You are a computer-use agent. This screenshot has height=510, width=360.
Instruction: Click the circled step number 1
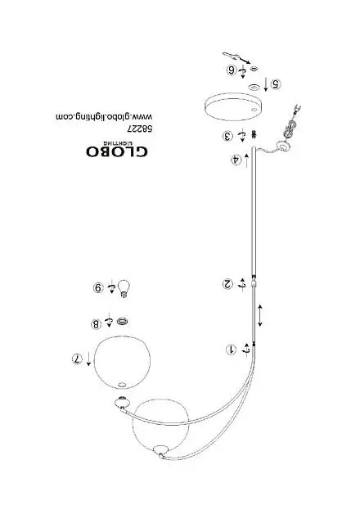pyautogui.click(x=231, y=350)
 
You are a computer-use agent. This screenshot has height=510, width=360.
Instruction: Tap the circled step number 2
pyautogui.click(x=227, y=283)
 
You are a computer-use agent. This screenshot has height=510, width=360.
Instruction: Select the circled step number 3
pyautogui.click(x=228, y=136)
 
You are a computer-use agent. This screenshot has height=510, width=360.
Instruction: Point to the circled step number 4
pyautogui.click(x=236, y=160)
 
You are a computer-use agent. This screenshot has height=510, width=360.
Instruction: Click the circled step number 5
pyautogui.click(x=276, y=84)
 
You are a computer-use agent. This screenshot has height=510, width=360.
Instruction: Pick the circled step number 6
pyautogui.click(x=232, y=70)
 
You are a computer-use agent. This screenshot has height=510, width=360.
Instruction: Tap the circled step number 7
pyautogui.click(x=77, y=359)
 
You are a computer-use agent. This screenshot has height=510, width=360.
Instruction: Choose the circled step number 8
pyautogui.click(x=97, y=324)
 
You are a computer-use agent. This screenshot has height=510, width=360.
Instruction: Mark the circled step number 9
pyautogui.click(x=98, y=288)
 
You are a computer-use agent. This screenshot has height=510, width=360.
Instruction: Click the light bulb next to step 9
pyautogui.click(x=124, y=288)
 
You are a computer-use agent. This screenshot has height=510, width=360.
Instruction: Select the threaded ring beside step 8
pyautogui.click(x=122, y=322)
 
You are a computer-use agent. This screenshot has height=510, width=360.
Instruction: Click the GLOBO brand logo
pyautogui.click(x=117, y=149)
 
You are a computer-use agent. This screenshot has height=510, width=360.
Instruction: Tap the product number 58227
pyautogui.click(x=140, y=129)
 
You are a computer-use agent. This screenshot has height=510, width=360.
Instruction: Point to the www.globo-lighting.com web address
pyautogui.click(x=104, y=117)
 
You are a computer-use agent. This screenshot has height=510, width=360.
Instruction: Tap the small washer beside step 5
pyautogui.click(x=254, y=87)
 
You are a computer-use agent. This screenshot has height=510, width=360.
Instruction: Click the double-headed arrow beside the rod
pyautogui.click(x=260, y=315)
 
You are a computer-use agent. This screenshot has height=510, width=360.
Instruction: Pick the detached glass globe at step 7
pyautogui.click(x=122, y=362)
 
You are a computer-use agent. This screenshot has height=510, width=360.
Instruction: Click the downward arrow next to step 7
pyautogui.click(x=88, y=359)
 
